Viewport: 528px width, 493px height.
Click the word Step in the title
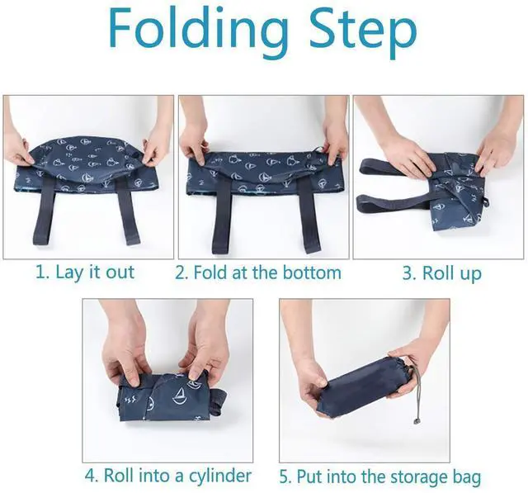click(x=363, y=32)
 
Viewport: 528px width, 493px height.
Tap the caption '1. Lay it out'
click(x=85, y=273)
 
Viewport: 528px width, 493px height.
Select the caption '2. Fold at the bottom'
click(x=258, y=273)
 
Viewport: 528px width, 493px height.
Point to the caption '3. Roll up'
click(x=442, y=273)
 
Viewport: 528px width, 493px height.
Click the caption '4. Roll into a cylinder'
click(x=167, y=476)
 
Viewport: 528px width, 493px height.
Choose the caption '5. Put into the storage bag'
click(x=380, y=476)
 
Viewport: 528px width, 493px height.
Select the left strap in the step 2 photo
click(x=223, y=216)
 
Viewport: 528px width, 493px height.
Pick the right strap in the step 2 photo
click(x=309, y=216)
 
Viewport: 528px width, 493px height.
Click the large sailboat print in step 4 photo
click(x=181, y=396)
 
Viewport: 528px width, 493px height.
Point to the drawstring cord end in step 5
click(x=417, y=421)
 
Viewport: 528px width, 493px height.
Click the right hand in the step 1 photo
click(x=157, y=149)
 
